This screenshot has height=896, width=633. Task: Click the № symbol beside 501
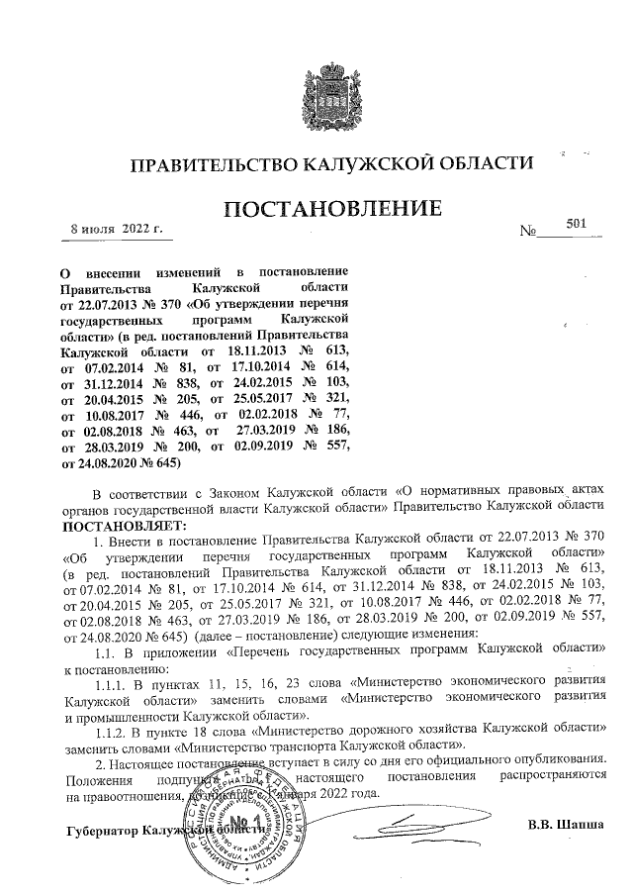[527, 233]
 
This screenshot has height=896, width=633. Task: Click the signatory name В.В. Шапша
[567, 824]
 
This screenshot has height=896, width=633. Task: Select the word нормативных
[459, 492]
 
